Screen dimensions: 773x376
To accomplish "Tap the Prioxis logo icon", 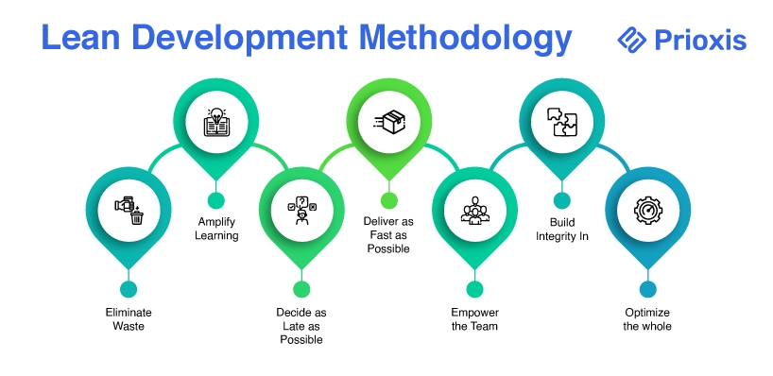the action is [631, 40].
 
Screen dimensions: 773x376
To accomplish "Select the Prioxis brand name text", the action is [700, 40].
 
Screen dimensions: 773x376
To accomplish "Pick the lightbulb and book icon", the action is [216, 122].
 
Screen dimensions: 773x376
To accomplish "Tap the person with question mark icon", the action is [301, 211].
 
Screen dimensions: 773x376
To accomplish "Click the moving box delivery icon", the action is [389, 122].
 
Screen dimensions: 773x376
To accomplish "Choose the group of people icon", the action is [475, 211].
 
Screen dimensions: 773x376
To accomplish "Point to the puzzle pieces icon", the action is [562, 122].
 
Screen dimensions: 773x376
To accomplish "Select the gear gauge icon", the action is [647, 211].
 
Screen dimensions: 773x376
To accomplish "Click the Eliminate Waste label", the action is [129, 319].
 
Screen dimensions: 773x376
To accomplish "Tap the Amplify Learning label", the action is [216, 229].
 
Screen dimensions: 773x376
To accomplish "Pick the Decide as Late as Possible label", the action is [301, 326].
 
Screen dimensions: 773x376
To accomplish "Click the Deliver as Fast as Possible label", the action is [388, 235].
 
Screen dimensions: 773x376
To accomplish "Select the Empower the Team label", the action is [474, 319].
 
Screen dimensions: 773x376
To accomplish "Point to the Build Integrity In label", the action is [562, 230].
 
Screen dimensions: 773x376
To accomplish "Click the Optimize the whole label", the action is [647, 319].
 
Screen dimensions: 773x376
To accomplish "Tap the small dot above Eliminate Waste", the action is [129, 289].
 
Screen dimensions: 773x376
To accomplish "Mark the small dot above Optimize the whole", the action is [647, 289].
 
